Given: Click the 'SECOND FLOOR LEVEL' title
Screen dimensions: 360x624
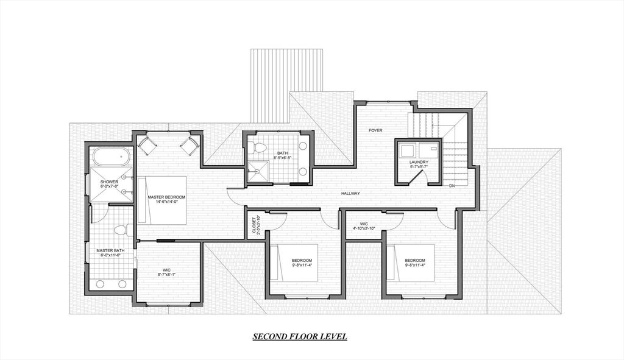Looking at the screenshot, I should coord(300,337).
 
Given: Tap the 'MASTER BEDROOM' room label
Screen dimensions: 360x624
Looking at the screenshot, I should coord(166,197).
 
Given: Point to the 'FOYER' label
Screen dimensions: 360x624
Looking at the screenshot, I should coord(375,130).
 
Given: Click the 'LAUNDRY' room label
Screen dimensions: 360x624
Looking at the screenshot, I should coord(419,162).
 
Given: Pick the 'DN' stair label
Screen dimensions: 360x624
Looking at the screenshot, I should coord(452,186).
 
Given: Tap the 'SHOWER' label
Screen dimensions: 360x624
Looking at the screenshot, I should coord(110,182).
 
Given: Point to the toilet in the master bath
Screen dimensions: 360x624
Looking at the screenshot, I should coord(120,230).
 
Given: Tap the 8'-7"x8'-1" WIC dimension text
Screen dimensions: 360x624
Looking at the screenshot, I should coord(167,274).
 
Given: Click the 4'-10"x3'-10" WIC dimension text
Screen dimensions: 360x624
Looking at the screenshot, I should coord(364,228).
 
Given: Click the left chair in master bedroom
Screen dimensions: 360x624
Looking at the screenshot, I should coord(147,144).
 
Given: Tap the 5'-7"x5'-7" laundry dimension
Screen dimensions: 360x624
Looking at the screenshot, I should coord(419,166).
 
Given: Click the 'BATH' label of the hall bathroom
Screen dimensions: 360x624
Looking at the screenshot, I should coord(282,154).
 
